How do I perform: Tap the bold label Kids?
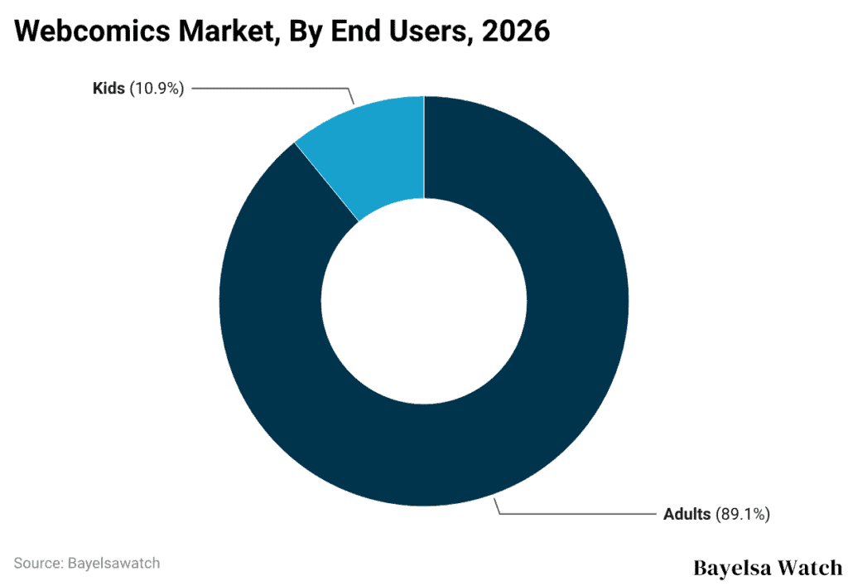pyautogui.click(x=108, y=88)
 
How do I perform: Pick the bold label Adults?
pyautogui.click(x=687, y=514)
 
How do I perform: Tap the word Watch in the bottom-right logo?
pyautogui.click(x=809, y=569)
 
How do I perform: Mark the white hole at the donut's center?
pyautogui.click(x=424, y=300)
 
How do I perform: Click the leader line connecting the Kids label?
pyautogui.click(x=273, y=88)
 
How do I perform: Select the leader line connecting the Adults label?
pyautogui.click(x=580, y=514)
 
